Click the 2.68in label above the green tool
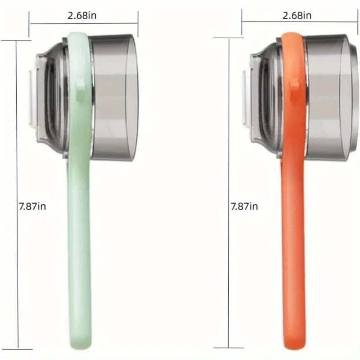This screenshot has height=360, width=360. (82, 15)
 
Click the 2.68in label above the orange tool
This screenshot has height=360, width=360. (297, 15)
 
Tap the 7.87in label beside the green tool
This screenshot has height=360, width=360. (32, 207)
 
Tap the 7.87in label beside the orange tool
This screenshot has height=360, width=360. (244, 207)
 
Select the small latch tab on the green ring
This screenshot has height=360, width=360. (81, 84)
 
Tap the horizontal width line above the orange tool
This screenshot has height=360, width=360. (265, 21)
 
